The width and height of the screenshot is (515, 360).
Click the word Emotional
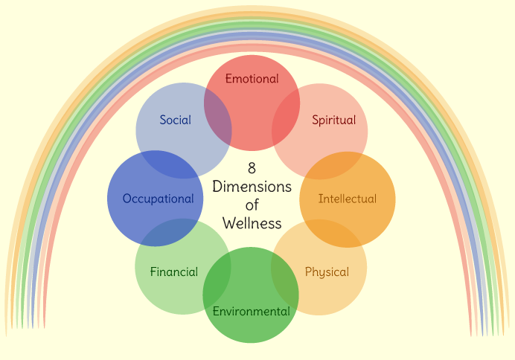(252, 79)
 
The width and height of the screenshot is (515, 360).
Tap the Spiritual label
(333, 120)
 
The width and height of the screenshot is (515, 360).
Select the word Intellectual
(347, 199)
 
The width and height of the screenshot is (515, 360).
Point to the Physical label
(327, 272)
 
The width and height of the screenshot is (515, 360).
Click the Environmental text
(251, 311)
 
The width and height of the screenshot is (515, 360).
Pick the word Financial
(173, 271)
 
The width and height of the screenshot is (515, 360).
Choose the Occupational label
(158, 199)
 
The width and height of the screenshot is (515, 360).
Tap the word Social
(175, 120)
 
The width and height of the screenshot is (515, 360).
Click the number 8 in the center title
(252, 168)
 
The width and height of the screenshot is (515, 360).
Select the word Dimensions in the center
(252, 186)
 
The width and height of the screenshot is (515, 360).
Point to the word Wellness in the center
(252, 223)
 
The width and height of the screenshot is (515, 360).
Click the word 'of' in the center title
(252, 205)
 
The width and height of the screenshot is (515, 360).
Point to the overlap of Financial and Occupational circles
(169, 233)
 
